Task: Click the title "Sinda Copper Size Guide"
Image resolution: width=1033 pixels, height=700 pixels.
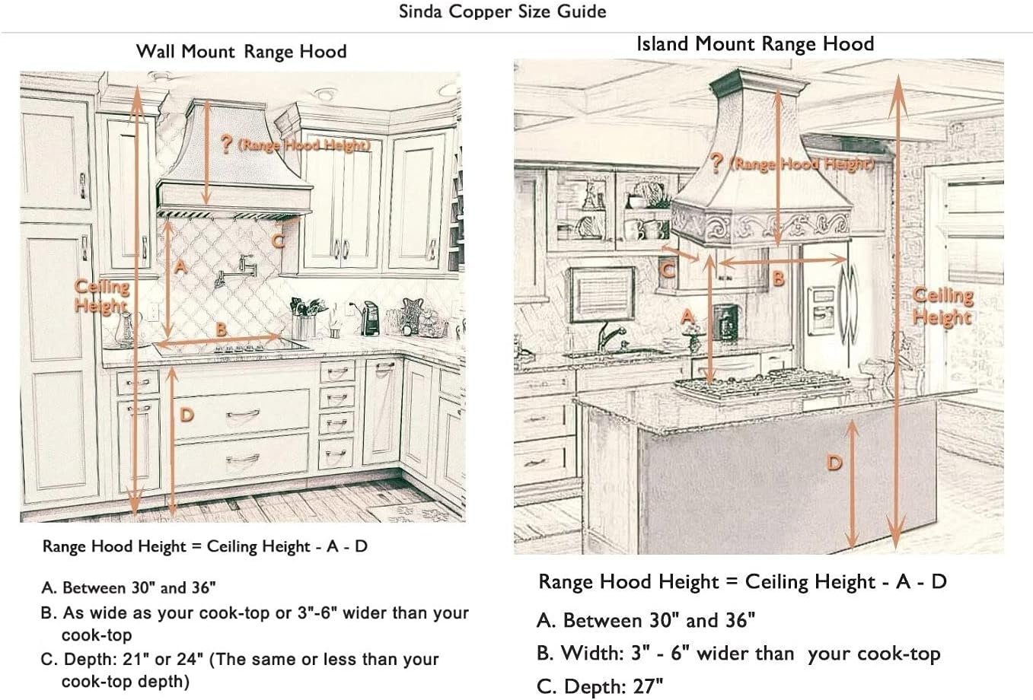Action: tap(502, 12)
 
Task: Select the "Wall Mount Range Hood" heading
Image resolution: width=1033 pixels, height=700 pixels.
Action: tap(241, 52)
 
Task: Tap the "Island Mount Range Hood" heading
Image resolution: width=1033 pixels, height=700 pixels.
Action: tap(754, 44)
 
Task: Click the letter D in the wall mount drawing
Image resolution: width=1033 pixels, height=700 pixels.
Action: tap(187, 415)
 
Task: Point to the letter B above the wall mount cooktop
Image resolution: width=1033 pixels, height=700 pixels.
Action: tap(221, 329)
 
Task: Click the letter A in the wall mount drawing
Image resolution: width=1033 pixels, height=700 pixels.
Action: tap(180, 266)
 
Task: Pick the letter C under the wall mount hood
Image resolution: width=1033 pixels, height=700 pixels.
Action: tap(279, 240)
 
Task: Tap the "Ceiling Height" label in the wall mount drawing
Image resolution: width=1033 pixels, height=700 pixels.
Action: tap(101, 297)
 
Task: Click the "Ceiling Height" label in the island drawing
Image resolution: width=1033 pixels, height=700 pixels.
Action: tap(942, 306)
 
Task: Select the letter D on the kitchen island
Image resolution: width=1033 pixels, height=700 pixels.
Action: tap(835, 462)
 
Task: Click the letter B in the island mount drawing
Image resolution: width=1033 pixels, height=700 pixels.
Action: tap(778, 278)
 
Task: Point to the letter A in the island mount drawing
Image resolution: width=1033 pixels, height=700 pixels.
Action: tap(687, 317)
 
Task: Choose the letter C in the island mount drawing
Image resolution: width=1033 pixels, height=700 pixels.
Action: tap(667, 269)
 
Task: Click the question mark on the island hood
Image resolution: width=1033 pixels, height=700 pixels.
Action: tap(716, 162)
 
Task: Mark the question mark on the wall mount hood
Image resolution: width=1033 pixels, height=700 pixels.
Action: tap(225, 145)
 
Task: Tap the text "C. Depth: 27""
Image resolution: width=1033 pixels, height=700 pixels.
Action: tap(600, 686)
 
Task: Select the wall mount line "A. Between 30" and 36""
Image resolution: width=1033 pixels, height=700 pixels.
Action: tap(129, 588)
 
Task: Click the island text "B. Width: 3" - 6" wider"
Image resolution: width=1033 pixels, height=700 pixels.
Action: tap(738, 654)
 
